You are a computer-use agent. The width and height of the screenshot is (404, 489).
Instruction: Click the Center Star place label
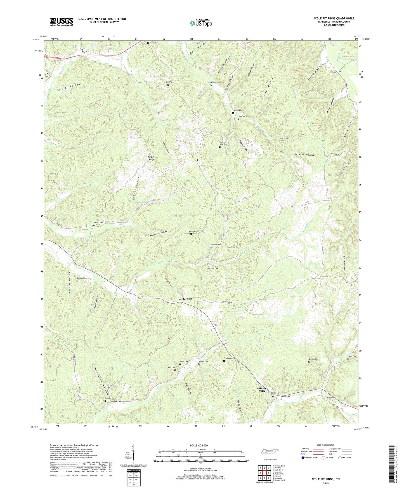pos(185,299)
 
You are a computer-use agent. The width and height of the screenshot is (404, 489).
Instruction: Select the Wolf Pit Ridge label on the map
pos(151,158)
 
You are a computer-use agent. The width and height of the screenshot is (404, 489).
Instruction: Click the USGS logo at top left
pos(62,22)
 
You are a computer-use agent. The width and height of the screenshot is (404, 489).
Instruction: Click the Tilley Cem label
pos(178,216)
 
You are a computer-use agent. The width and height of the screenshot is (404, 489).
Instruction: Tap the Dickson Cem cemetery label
pos(82,278)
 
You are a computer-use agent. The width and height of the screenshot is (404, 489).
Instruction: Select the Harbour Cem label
pos(336,72)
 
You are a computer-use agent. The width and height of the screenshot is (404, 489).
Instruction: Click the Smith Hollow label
pos(69,87)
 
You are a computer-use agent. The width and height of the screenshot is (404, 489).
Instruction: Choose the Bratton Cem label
pos(313,359)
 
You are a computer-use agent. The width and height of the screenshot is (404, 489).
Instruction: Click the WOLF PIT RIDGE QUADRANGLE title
pos(334,18)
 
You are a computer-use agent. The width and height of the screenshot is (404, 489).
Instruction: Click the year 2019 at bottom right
pos(326,483)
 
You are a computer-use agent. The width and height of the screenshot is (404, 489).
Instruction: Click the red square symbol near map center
pos(199,169)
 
